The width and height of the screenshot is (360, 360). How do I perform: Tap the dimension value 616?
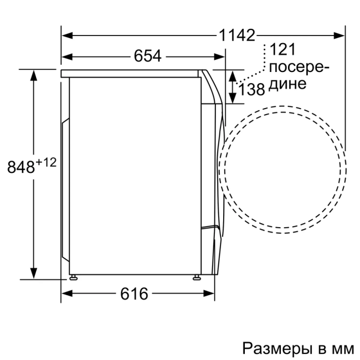(x=135, y=294)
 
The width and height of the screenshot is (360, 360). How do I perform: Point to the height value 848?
(x=20, y=167)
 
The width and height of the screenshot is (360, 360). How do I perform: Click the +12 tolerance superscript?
(x=47, y=162)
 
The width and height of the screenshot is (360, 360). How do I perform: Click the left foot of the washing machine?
(x=73, y=275)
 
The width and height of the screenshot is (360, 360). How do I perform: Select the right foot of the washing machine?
(x=196, y=275)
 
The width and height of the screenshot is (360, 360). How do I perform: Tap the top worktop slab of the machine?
(x=131, y=73)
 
